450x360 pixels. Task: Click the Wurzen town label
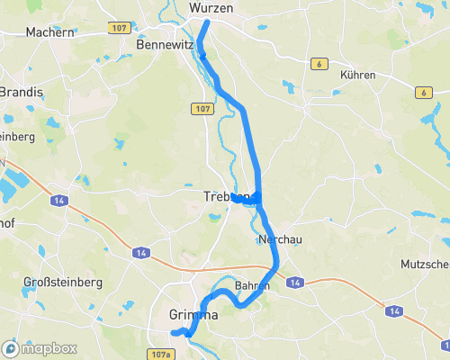click(211, 7)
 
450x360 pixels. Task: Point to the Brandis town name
click(20, 92)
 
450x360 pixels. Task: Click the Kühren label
click(357, 75)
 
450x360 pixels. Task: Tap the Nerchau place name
click(278, 240)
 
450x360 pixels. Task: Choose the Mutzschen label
click(426, 265)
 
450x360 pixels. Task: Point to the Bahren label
click(252, 285)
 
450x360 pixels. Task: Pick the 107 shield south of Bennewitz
click(201, 108)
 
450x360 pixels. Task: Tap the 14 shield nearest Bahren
click(294, 283)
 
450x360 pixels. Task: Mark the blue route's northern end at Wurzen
click(207, 22)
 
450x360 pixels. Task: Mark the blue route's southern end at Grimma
click(186, 334)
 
